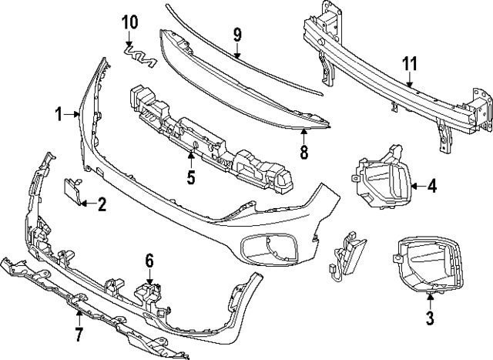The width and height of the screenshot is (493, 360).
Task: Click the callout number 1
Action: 59,115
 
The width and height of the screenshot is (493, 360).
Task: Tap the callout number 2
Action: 102,204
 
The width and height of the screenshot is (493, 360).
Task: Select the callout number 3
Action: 430,317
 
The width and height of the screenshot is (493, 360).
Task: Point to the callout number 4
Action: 431,186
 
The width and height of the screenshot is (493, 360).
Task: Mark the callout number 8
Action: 304,152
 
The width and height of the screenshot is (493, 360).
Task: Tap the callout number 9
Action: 237,34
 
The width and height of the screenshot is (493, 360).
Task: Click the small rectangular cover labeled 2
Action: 73,193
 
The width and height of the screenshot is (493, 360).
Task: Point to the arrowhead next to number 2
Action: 85,204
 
